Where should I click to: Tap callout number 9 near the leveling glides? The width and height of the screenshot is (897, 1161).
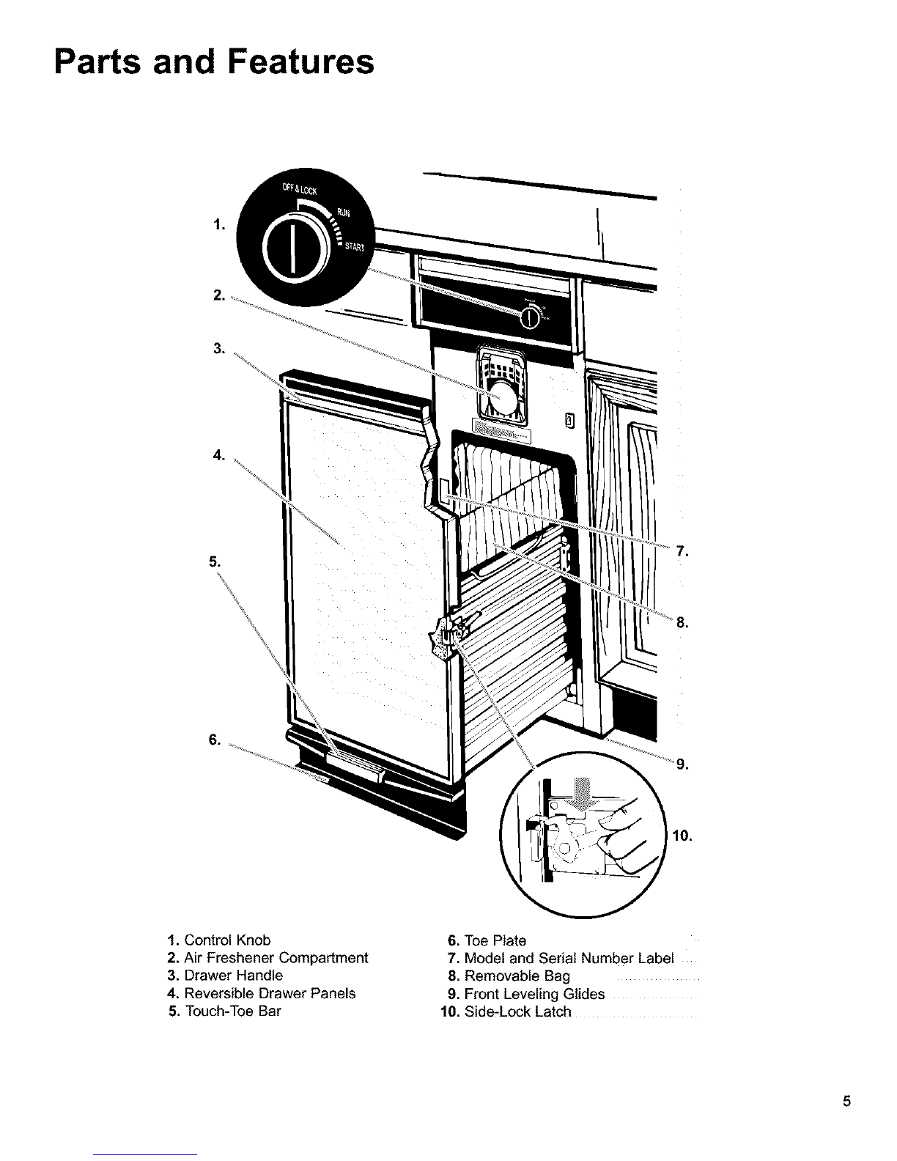point(682,765)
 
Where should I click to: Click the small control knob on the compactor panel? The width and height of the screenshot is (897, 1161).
point(529,317)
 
